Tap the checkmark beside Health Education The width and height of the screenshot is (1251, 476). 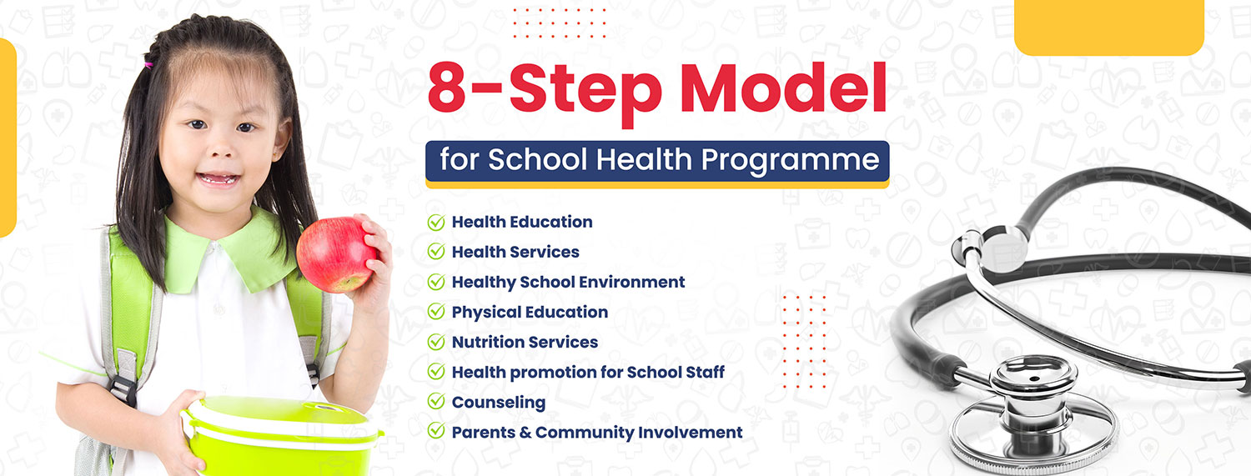point(435,223)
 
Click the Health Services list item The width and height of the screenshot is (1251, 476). point(515,252)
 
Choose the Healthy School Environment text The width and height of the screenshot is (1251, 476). point(568,282)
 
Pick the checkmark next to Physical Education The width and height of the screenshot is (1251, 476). point(435,312)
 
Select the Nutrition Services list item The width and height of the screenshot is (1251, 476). point(525,342)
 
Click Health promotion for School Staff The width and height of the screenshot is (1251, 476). point(588,372)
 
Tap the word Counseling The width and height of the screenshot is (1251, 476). point(498,402)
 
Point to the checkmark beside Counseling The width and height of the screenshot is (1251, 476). point(435,402)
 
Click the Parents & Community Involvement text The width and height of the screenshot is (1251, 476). point(596,432)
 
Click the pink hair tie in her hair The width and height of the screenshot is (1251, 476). point(149,61)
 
